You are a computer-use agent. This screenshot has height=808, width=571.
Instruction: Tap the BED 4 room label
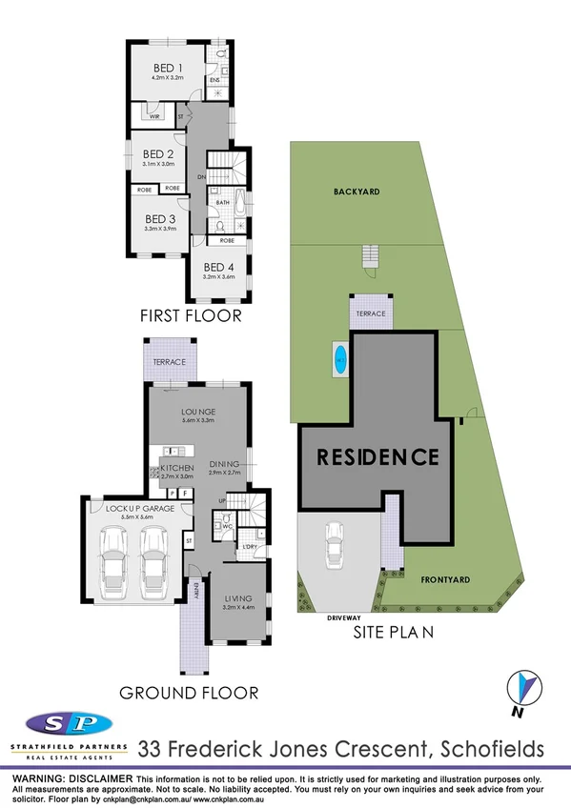(218, 267)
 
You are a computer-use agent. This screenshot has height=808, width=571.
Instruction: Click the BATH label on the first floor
(223, 202)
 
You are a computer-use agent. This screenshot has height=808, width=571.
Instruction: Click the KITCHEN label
(177, 468)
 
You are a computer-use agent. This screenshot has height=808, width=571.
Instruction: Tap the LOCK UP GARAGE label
(137, 510)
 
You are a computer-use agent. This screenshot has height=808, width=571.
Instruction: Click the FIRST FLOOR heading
(190, 315)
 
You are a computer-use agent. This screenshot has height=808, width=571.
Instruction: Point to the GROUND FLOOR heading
(190, 692)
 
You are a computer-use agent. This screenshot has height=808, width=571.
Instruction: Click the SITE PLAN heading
(395, 630)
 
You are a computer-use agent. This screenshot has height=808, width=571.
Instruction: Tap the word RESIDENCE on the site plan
(377, 456)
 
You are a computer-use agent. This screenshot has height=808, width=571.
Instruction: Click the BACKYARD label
(357, 192)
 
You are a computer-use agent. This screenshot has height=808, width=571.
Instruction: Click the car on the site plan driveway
(334, 548)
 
